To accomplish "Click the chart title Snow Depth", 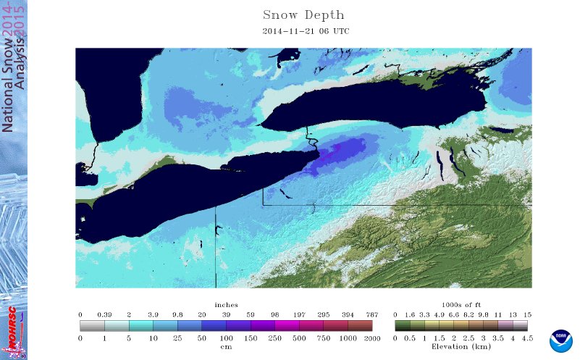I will coord(303,15).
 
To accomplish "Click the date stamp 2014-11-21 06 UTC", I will coord(303,32).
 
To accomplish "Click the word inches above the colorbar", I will coord(226,305).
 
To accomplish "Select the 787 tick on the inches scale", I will coord(372,314).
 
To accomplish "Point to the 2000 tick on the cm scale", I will coord(372,338).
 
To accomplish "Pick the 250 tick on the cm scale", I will coord(276,338).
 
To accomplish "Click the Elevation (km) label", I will coord(461,348).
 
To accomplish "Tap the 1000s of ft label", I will coord(461,305).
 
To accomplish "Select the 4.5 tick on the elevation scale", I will coord(528,338).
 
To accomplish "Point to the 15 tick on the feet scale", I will coord(528,314).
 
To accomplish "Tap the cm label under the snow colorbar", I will coord(226,347).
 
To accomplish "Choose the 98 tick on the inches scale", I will coord(276,314).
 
